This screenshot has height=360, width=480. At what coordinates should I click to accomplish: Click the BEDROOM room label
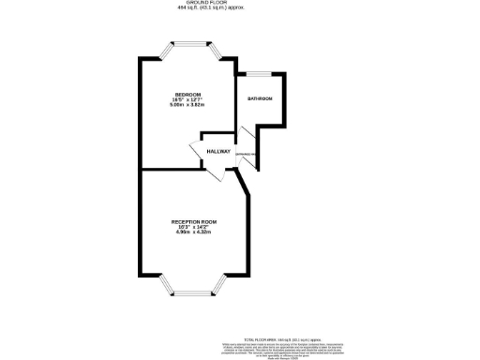tap(187, 94)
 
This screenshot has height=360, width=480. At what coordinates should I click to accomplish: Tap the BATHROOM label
tap(259, 98)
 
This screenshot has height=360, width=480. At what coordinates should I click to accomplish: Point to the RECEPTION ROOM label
tap(194, 222)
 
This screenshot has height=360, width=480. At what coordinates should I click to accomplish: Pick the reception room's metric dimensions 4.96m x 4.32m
tap(194, 232)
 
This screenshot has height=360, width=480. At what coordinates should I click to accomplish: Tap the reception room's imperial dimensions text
tap(194, 228)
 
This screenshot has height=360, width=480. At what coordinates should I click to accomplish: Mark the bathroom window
tap(259, 72)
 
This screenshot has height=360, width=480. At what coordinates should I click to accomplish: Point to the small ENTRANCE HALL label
tap(244, 154)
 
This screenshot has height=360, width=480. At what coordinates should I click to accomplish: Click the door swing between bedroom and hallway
tap(198, 151)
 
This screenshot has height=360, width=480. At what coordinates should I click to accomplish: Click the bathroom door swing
tap(247, 160)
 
